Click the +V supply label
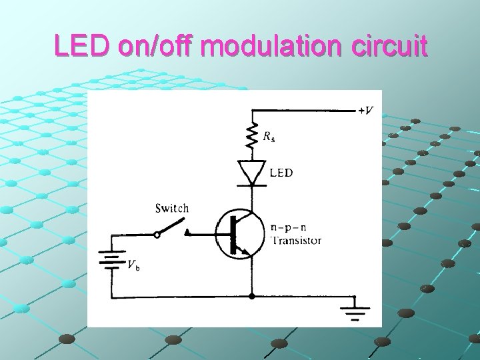tap(367, 111)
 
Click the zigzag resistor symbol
tap(252, 137)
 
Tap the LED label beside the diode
tap(281, 173)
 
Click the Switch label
tap(171, 208)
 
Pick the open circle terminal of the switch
tap(157, 234)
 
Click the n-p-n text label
tap(289, 227)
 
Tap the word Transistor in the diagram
tap(295, 241)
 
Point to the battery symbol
tap(112, 259)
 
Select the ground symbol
tap(355, 309)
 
